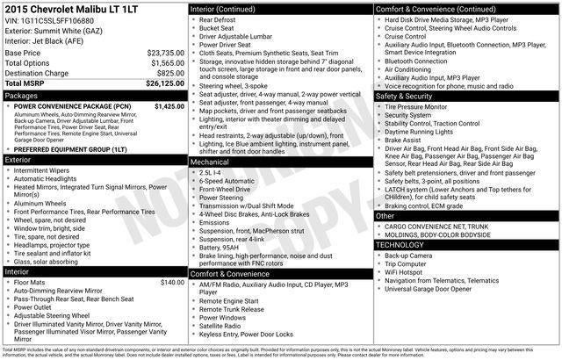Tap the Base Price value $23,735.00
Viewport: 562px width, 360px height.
pos(165,53)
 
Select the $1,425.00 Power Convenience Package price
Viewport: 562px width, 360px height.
pos(169,105)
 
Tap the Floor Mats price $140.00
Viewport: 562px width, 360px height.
pos(172,282)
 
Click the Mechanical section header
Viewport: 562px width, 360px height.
pos(211,162)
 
